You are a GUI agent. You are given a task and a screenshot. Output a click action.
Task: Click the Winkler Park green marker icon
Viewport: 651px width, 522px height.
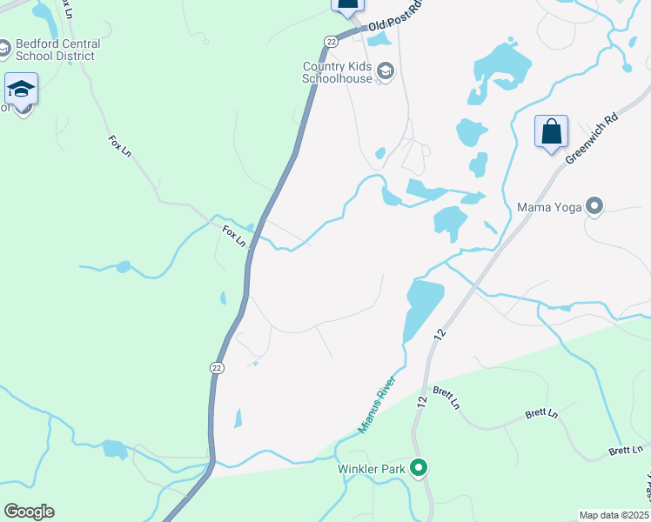tap(419, 469)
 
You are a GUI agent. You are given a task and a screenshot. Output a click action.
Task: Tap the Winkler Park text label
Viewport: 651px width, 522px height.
tap(373, 469)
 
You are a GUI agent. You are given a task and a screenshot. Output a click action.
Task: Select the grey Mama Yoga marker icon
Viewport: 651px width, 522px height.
tap(595, 207)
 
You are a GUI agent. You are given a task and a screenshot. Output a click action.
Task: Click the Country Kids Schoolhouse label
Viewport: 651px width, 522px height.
tap(337, 72)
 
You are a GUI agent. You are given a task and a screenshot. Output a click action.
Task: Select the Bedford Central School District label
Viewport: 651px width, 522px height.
tap(57, 50)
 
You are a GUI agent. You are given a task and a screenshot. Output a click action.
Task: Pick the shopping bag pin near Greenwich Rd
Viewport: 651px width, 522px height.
tap(551, 132)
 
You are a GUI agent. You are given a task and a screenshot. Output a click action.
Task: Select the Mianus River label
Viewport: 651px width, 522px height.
tap(378, 404)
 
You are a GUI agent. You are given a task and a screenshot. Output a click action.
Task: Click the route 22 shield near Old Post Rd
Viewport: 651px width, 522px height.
tap(332, 41)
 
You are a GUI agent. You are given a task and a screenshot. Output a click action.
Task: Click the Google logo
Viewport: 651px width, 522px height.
tap(29, 511)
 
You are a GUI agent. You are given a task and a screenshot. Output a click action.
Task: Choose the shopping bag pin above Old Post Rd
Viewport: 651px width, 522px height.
tap(346, 4)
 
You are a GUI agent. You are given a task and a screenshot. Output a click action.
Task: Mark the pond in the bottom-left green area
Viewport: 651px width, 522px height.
tap(114, 449)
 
